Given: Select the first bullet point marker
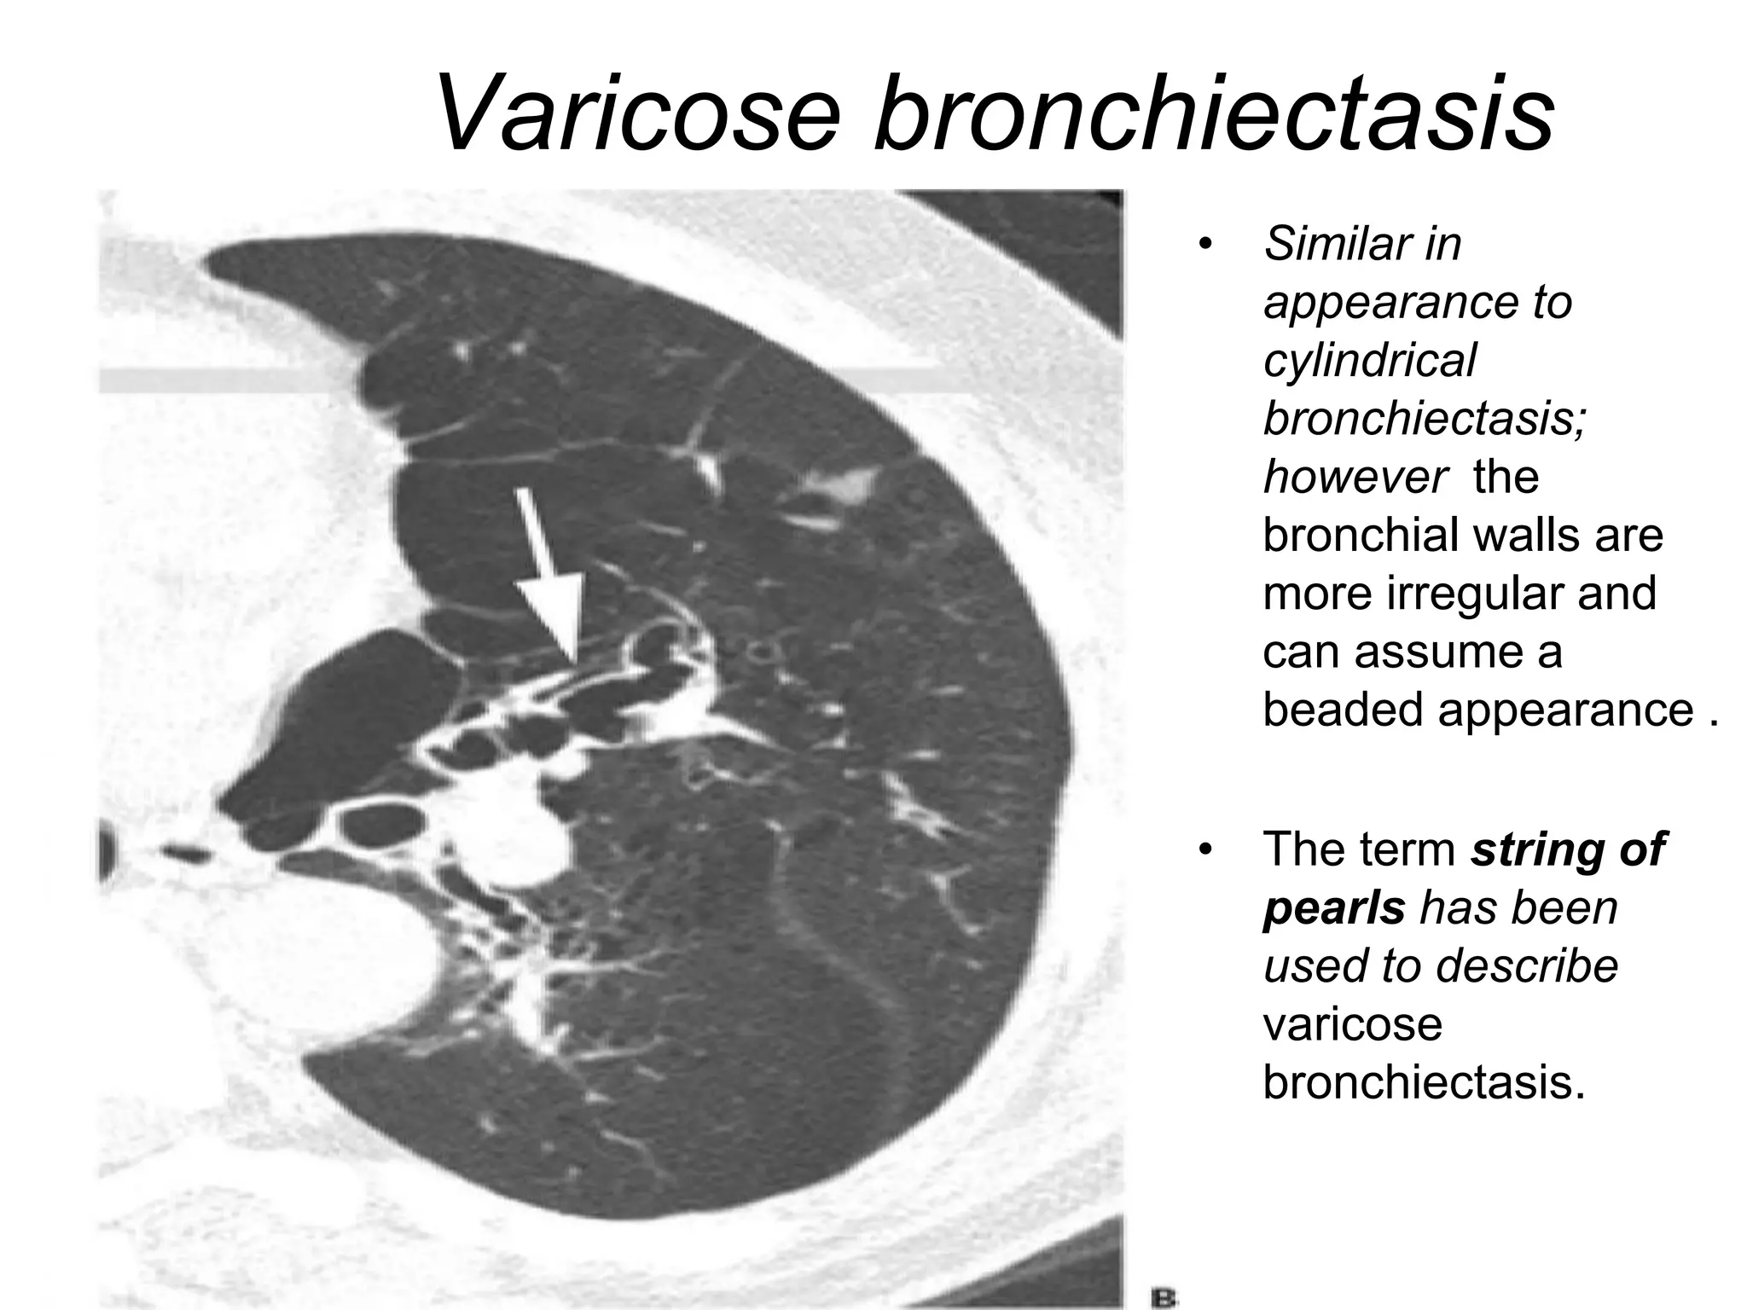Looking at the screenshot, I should pos(1204,246).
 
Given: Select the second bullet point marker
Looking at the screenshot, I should pos(1204,850).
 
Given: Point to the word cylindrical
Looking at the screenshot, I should pos(1368,361).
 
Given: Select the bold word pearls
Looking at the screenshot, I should pos(1333,907).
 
